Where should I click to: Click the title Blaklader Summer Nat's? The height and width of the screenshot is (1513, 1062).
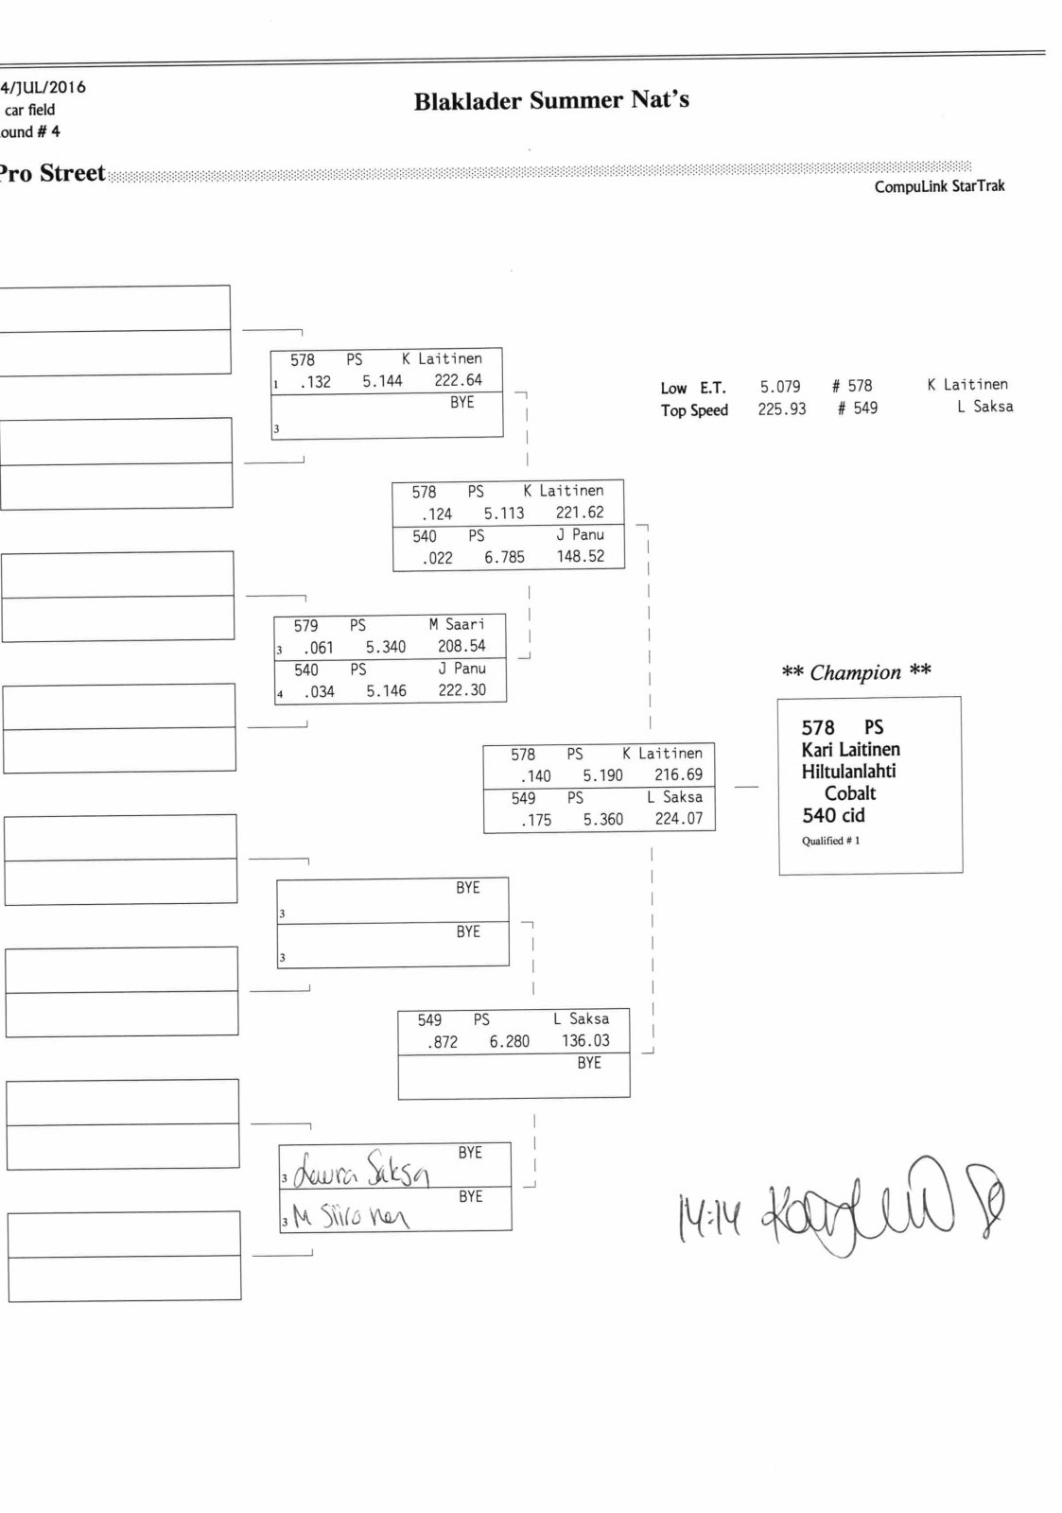pyautogui.click(x=551, y=100)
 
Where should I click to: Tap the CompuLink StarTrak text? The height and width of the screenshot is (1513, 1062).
pyautogui.click(x=939, y=186)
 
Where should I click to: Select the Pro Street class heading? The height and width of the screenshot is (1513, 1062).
pyautogui.click(x=52, y=173)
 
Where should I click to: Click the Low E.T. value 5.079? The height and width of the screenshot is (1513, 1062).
pyautogui.click(x=780, y=387)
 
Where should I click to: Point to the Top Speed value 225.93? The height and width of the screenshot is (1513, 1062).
pyautogui.click(x=781, y=409)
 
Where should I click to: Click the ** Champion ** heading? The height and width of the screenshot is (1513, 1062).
pyautogui.click(x=856, y=672)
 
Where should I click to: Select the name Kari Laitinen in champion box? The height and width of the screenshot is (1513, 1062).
pyautogui.click(x=850, y=750)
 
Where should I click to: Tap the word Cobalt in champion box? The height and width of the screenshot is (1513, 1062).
pyautogui.click(x=850, y=793)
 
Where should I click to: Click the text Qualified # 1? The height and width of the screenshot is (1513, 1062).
pyautogui.click(x=830, y=841)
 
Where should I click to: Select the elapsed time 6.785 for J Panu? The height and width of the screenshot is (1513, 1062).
pyautogui.click(x=504, y=557)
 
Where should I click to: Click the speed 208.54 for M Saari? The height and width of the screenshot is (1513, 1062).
pyautogui.click(x=461, y=647)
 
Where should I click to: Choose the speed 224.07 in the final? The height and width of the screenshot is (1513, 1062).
pyautogui.click(x=679, y=819)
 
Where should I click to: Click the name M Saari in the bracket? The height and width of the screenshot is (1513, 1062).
pyautogui.click(x=457, y=624)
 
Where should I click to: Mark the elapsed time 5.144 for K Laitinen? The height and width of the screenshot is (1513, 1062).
pyautogui.click(x=382, y=381)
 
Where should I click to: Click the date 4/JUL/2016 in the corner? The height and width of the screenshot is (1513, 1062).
pyautogui.click(x=44, y=87)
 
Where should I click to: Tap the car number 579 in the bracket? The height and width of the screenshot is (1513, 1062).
pyautogui.click(x=305, y=626)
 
